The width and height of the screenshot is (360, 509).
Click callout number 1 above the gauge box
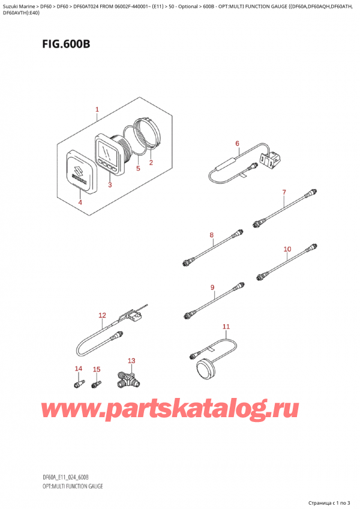click(97, 110)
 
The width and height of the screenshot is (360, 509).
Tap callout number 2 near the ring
click(151, 163)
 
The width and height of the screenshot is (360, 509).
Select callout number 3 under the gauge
click(110, 185)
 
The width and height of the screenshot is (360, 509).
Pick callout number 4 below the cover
click(80, 202)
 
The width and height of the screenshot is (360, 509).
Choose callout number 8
click(211, 235)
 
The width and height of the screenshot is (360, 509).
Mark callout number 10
click(287, 248)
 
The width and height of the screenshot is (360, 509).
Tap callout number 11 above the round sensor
click(226, 327)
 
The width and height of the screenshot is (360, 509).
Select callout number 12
click(102, 316)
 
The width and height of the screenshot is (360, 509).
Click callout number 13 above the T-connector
click(131, 361)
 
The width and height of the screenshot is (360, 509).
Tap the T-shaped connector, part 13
click(127, 379)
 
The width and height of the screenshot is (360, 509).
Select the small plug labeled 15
click(95, 382)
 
